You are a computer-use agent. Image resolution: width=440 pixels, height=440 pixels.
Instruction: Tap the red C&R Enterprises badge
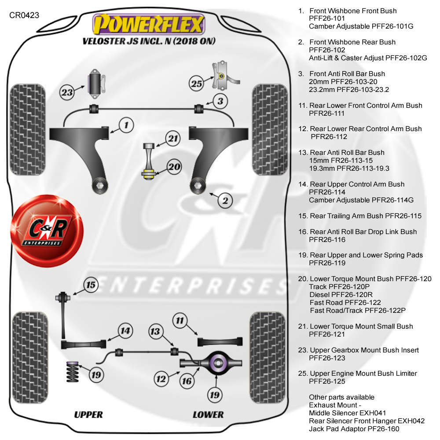[x=47, y=232]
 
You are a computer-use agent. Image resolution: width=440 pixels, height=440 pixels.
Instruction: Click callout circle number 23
[x=67, y=93]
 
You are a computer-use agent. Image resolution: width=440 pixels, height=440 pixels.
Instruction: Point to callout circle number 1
[x=126, y=126]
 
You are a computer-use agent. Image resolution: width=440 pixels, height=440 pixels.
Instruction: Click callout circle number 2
[x=225, y=201]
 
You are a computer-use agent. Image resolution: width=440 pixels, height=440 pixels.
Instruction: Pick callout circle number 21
[x=173, y=139]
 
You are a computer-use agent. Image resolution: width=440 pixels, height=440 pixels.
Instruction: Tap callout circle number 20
[x=175, y=167]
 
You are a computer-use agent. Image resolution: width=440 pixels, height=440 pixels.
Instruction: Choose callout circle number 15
[x=90, y=286]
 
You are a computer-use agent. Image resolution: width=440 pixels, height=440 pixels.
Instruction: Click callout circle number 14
[x=125, y=330]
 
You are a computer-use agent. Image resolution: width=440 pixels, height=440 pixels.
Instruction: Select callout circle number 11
[x=180, y=321]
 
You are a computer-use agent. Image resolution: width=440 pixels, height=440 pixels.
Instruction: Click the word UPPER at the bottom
[x=88, y=414]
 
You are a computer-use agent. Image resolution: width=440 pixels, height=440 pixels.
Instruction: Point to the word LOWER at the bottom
[x=208, y=414]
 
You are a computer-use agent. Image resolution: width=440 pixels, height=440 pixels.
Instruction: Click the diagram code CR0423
[x=24, y=15]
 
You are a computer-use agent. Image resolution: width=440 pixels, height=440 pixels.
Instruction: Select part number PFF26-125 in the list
[x=327, y=381]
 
